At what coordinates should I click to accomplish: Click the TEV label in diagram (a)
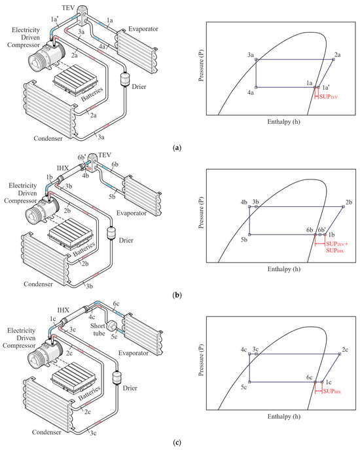point(68,8)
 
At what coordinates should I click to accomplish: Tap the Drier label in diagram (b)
point(126,240)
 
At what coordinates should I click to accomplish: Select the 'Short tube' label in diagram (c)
point(98,329)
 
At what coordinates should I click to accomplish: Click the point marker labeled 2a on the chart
point(333,60)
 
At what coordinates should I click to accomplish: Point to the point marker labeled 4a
point(256,87)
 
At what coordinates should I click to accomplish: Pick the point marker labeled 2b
point(344,206)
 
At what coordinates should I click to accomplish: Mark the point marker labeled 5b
point(249,234)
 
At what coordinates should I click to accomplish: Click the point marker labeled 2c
point(340,354)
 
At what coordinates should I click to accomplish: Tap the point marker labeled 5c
point(249,382)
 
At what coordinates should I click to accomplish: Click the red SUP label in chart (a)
point(328,97)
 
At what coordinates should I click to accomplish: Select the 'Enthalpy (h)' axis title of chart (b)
point(283,269)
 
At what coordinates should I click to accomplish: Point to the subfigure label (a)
point(177,148)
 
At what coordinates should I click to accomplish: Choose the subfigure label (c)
point(177,442)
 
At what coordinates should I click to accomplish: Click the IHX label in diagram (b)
point(63,168)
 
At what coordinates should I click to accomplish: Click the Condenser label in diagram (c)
point(46,432)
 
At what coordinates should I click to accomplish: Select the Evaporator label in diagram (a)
point(143,29)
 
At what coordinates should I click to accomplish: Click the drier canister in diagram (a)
point(125,79)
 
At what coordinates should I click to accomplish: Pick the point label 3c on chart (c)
point(255,349)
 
